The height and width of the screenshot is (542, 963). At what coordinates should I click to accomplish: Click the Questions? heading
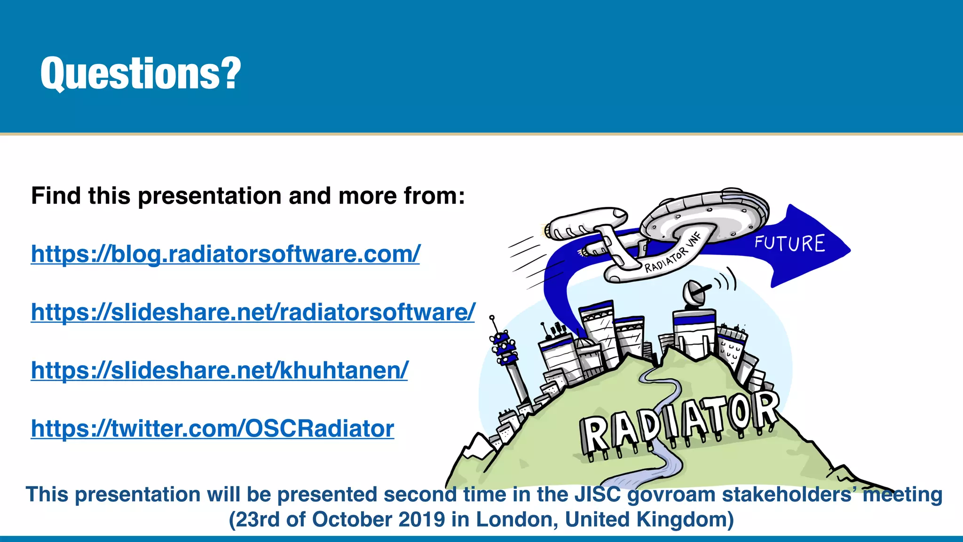[x=141, y=73]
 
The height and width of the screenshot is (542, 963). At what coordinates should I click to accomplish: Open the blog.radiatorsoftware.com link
[x=225, y=254]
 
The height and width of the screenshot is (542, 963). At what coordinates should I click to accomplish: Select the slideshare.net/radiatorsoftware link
[x=253, y=312]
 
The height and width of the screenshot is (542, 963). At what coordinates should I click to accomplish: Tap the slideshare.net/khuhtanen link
[x=219, y=370]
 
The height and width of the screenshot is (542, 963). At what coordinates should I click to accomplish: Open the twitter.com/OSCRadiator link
[x=212, y=429]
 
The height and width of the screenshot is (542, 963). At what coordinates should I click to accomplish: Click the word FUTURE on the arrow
[x=789, y=244]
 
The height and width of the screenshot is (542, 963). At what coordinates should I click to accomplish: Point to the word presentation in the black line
[x=210, y=196]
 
